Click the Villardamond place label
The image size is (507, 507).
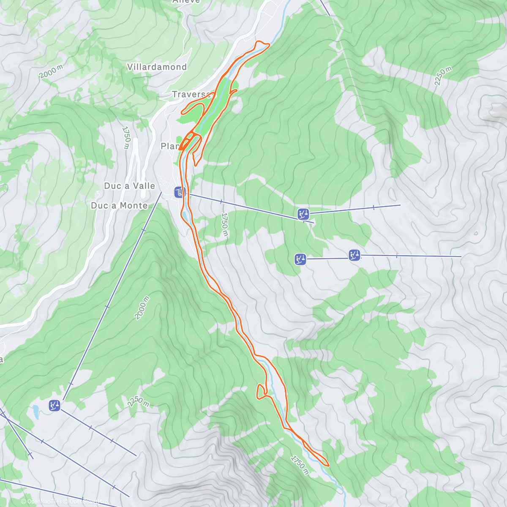tap(157, 67)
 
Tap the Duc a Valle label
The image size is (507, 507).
tap(129, 186)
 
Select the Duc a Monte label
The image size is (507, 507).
tap(119, 206)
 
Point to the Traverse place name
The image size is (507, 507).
tap(190, 94)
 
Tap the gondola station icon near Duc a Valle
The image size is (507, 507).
tap(180, 192)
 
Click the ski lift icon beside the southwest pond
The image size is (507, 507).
tap(54, 406)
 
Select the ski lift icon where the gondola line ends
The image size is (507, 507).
tap(303, 214)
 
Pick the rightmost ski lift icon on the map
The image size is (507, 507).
tap(354, 255)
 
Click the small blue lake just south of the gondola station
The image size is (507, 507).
tap(186, 216)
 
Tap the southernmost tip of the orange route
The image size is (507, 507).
tap(327, 465)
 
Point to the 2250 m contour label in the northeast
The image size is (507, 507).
tap(443, 76)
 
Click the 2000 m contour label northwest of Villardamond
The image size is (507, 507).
tap(52, 72)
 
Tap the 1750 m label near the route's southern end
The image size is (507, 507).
tap(300, 465)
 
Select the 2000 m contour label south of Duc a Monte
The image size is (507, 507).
tap(142, 308)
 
